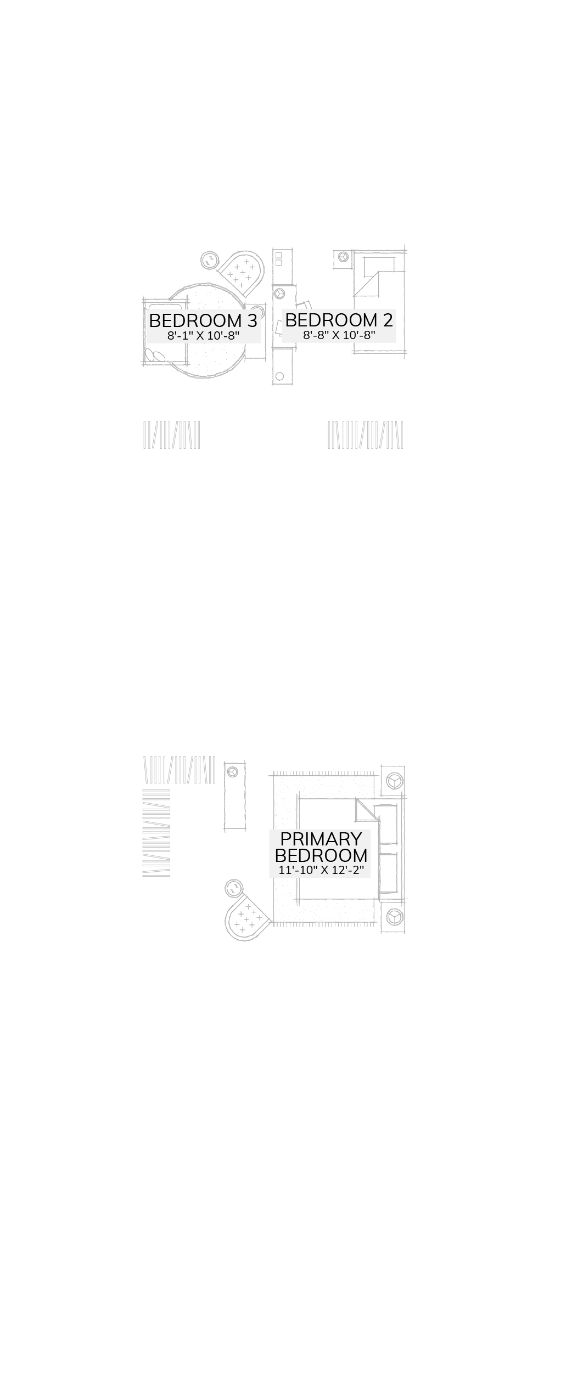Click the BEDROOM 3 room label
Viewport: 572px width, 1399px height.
[x=203, y=321]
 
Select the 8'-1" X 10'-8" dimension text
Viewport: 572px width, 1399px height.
[x=203, y=336]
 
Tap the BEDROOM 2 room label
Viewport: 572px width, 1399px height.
[x=339, y=320]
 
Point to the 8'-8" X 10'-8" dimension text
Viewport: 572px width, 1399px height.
[x=339, y=335]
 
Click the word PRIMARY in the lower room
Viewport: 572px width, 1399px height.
[x=321, y=839]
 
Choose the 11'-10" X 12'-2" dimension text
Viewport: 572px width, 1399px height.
[x=321, y=870]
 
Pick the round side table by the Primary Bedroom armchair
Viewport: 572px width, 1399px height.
[x=234, y=888]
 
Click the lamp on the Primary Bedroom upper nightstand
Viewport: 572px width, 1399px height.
[x=394, y=780]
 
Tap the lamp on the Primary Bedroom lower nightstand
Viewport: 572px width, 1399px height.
[x=394, y=916]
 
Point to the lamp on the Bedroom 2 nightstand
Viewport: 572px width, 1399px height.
[x=344, y=256]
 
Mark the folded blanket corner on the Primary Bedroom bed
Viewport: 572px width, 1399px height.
[x=366, y=810]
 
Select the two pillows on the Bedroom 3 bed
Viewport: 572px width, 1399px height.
[x=157, y=357]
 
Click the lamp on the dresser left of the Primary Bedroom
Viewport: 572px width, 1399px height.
[x=233, y=771]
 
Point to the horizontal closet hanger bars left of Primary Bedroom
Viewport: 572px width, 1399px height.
[x=156, y=833]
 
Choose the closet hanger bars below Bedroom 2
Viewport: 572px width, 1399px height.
[x=365, y=435]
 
